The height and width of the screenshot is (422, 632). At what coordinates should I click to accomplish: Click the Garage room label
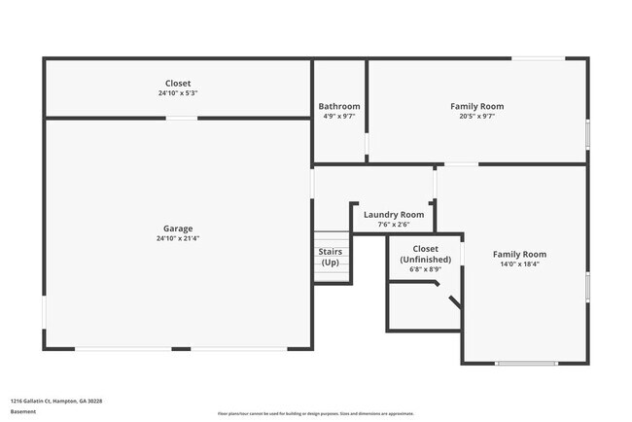pyautogui.click(x=178, y=229)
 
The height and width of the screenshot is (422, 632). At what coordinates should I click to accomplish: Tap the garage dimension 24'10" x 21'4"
pyautogui.click(x=178, y=238)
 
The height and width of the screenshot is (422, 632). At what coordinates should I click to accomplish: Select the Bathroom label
pyautogui.click(x=339, y=106)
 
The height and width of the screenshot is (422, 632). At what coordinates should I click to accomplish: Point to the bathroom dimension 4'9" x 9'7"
pyautogui.click(x=339, y=116)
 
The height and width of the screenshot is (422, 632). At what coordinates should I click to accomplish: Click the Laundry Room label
pyautogui.click(x=394, y=214)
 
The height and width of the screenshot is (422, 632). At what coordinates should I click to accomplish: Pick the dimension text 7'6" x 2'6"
pyautogui.click(x=394, y=225)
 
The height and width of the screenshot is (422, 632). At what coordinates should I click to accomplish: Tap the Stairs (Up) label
pyautogui.click(x=331, y=258)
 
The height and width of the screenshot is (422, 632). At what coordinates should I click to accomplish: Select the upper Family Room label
pyautogui.click(x=477, y=106)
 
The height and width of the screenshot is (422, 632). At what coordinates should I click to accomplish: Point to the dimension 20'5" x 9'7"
pyautogui.click(x=477, y=116)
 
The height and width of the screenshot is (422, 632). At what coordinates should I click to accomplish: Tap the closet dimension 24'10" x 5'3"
pyautogui.click(x=178, y=93)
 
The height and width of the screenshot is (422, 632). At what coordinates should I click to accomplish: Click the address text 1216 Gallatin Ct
pyautogui.click(x=56, y=400)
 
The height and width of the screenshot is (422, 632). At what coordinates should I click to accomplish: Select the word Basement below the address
pyautogui.click(x=22, y=411)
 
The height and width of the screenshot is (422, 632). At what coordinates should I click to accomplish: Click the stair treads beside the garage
pyautogui.click(x=331, y=275)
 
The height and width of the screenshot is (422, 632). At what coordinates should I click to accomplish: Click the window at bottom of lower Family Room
pyautogui.click(x=526, y=364)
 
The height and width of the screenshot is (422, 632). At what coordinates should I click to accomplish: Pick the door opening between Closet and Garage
pyautogui.click(x=181, y=119)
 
